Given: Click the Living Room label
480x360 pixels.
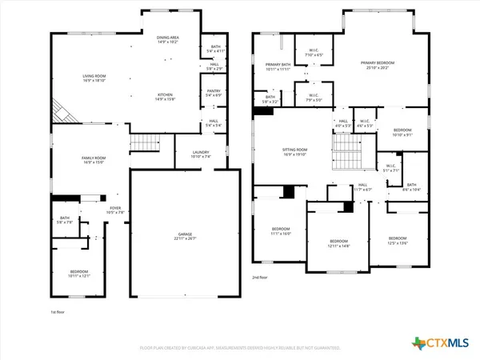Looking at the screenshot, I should [94, 78].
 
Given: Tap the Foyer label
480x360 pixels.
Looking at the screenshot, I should [117, 210].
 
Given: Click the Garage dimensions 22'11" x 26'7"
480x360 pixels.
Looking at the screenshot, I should [185, 239].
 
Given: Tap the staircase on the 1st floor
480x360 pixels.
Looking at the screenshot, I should [142, 143].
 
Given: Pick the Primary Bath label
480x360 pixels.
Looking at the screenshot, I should [277, 67].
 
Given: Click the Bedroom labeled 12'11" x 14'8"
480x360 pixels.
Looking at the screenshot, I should [339, 243].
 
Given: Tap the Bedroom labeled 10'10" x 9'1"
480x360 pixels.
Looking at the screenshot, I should [402, 132].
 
